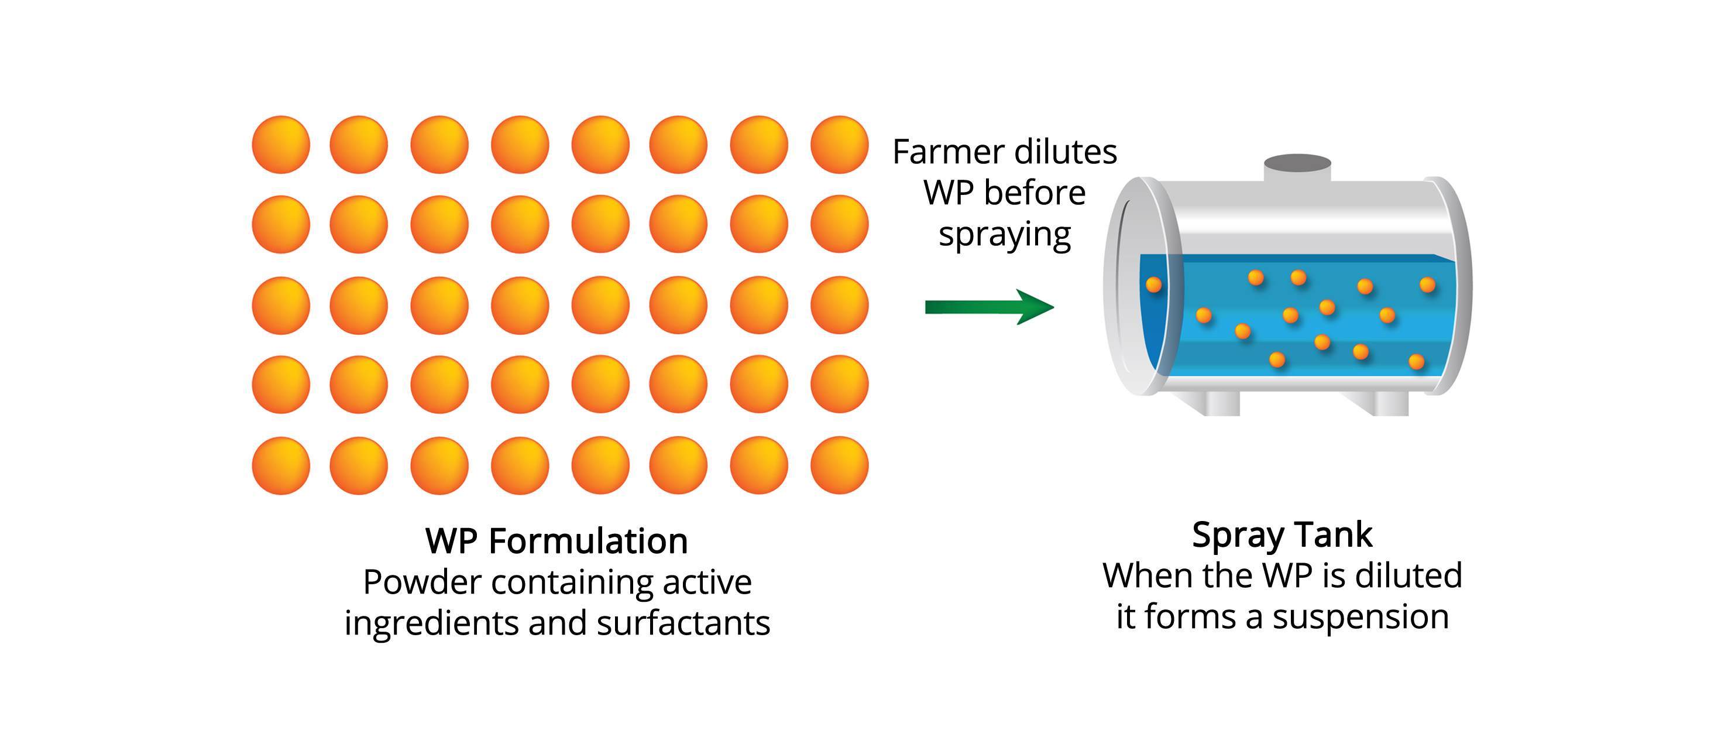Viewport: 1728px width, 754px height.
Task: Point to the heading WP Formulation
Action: pos(556,541)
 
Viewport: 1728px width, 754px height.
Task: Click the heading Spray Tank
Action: pos(1282,534)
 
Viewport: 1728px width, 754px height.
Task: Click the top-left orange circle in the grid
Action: pos(281,144)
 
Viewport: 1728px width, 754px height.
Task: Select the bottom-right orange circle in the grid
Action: pos(839,465)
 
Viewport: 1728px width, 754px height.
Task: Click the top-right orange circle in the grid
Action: pos(839,144)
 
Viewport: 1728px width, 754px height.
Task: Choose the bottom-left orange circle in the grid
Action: pos(281,465)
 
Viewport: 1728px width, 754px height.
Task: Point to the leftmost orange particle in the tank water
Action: pos(1154,285)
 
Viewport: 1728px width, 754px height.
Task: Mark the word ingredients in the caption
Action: pos(431,624)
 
